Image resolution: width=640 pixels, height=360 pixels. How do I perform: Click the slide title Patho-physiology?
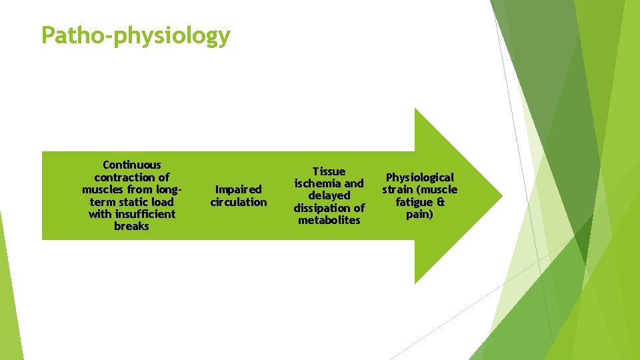tap(135, 35)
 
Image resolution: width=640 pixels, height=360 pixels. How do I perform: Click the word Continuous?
tap(132, 165)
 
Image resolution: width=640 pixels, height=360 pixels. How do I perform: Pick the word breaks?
tap(132, 226)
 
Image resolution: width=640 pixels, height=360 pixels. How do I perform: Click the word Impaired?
tap(238, 189)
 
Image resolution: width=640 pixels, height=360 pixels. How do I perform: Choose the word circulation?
tap(238, 202)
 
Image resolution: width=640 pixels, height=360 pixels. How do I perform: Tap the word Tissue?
tap(329, 171)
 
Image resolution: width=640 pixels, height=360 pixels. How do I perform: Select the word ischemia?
tap(319, 183)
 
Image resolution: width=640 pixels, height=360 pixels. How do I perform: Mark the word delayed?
tap(329, 195)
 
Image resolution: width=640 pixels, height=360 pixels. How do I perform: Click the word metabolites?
tap(329, 220)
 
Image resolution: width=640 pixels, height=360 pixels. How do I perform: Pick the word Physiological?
tap(419, 177)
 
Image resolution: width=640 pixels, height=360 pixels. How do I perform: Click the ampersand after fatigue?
tap(441, 201)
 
